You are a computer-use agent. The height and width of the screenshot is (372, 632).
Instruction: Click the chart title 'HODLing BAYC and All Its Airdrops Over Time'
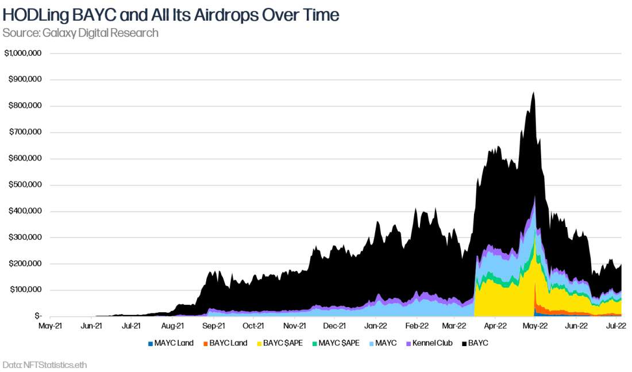coord(171,15)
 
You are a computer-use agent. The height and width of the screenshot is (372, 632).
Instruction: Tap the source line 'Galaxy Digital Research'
coord(80,33)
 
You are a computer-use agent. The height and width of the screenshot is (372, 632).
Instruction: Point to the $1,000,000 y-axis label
coord(22,53)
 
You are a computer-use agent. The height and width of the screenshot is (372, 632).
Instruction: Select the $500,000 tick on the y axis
coord(25,185)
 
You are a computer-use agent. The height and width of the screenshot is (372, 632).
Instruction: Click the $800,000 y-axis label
coord(25,106)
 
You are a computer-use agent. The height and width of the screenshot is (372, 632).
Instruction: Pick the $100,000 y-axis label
coord(25,290)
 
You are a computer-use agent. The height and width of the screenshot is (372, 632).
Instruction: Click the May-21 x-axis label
coord(51,325)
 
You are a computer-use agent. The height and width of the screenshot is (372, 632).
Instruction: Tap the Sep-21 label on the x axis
coord(213,325)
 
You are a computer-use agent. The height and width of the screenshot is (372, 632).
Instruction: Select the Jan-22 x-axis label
coord(376,325)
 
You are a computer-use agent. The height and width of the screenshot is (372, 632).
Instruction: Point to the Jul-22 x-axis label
coord(616,325)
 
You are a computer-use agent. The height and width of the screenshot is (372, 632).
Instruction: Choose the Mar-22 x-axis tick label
coord(454,325)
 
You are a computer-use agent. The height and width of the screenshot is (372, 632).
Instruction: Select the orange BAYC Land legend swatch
coord(205,343)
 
